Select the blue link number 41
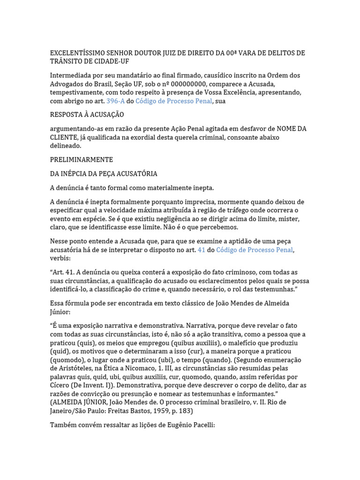click(202, 250)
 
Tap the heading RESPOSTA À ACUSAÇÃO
click(87, 115)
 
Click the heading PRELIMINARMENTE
click(81, 160)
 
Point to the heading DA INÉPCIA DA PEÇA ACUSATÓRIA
click(104, 174)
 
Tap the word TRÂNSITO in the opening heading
click(67, 62)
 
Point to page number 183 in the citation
click(184, 411)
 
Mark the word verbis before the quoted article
click(60, 259)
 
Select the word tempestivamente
click(79, 93)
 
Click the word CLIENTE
click(65, 137)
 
